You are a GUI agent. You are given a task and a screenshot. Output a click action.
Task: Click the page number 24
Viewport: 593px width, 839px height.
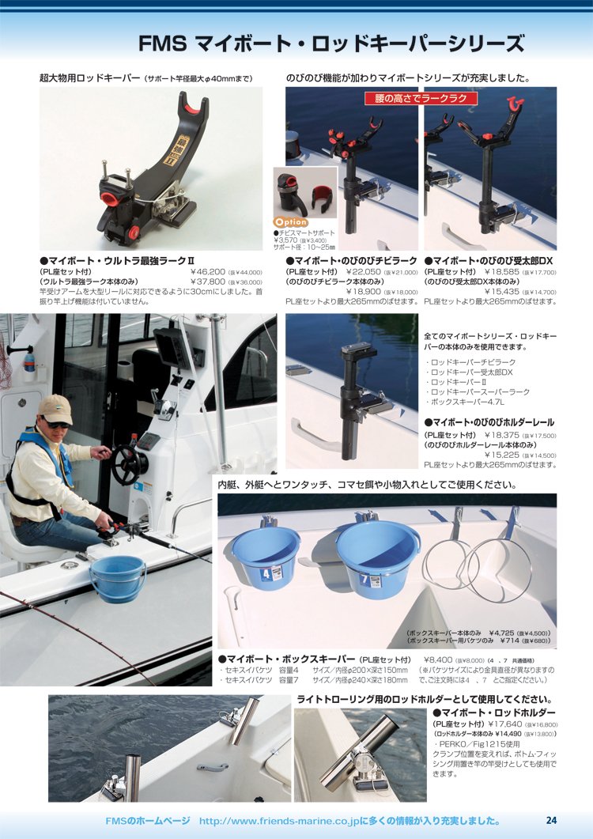[x=551, y=820]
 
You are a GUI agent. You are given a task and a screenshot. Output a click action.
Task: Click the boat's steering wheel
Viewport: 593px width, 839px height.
[x=126, y=465]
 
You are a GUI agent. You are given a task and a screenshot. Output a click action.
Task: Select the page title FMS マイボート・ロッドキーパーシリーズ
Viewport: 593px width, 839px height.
[x=331, y=43]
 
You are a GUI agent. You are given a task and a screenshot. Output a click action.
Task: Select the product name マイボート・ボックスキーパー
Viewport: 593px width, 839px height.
[x=291, y=659]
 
